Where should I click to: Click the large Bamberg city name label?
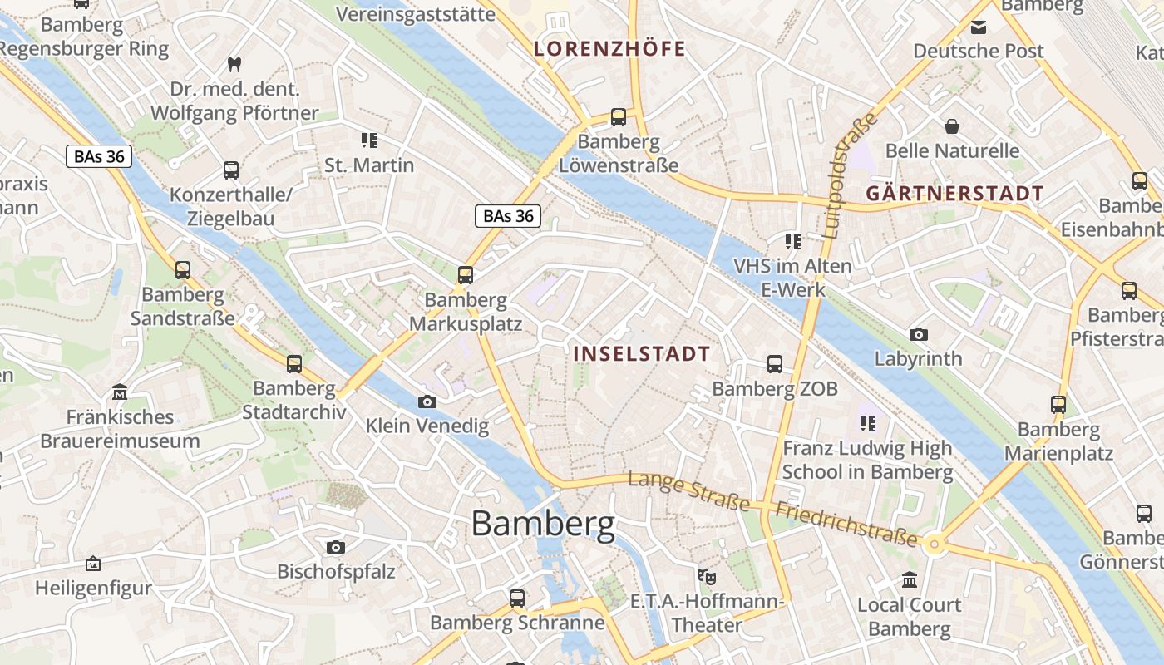543,524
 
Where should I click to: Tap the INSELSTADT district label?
642,353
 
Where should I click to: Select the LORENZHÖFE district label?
609,48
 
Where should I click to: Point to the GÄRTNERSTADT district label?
954,194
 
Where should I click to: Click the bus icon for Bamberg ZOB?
775,363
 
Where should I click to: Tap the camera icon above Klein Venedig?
427,401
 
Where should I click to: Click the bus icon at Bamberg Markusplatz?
466,274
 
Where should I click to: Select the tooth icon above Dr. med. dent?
234,63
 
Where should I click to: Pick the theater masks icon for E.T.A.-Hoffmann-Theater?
707,575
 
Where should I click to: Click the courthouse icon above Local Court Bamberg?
909,579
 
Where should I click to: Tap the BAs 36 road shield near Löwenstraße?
508,216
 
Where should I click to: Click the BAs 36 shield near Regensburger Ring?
99,156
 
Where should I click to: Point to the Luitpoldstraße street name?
849,175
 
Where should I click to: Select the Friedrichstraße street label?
846,524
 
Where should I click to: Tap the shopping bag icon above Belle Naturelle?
952,126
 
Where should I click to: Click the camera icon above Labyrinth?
918,334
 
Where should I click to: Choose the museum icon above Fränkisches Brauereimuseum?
120,392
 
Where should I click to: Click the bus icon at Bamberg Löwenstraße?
618,116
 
